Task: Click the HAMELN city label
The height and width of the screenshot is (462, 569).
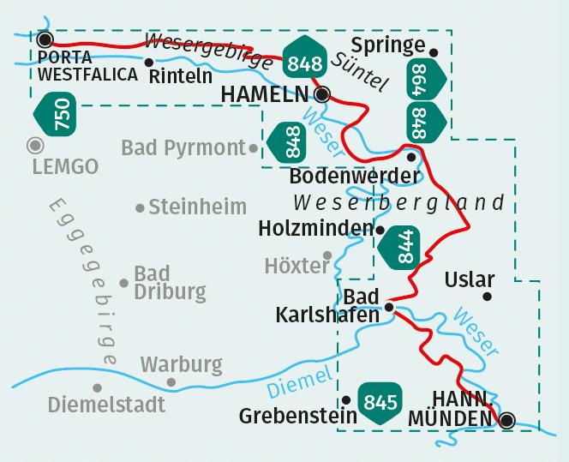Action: click(266, 94)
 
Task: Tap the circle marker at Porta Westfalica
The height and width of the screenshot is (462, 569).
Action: click(45, 39)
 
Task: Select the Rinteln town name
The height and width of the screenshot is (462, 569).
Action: click(181, 75)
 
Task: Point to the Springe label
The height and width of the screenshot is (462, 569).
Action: click(388, 45)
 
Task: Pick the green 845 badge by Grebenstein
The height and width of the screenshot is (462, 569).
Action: click(380, 402)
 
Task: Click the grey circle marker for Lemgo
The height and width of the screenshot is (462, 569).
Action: click(34, 145)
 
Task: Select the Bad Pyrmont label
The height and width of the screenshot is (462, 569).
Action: click(183, 148)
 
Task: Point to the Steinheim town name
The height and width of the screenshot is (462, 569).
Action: click(197, 207)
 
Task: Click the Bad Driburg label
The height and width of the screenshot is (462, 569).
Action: click(170, 283)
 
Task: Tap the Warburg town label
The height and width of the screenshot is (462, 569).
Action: click(182, 365)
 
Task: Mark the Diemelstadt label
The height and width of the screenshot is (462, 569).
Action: click(107, 403)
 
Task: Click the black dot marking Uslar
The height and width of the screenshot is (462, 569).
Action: click(487, 297)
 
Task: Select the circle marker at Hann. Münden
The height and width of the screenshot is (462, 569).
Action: click(507, 420)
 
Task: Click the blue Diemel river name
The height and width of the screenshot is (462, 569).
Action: click(298, 382)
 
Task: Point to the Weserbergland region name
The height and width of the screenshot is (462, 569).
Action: click(398, 203)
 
